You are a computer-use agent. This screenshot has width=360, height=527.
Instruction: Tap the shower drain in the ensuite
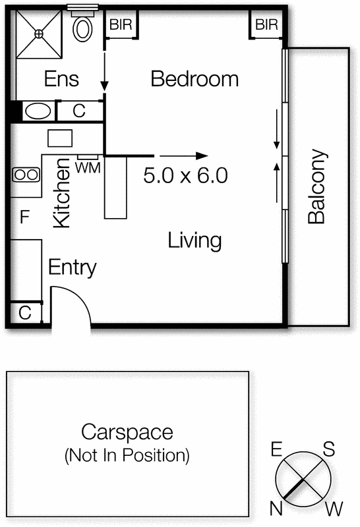(x=39, y=34)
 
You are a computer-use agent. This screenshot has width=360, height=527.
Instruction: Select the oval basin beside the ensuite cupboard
(x=38, y=111)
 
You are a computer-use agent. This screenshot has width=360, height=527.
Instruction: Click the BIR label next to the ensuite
(x=121, y=24)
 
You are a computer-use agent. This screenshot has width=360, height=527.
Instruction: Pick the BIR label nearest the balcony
(x=266, y=24)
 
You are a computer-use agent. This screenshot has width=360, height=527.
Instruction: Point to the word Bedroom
(x=195, y=79)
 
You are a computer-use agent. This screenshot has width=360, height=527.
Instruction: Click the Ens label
(x=61, y=79)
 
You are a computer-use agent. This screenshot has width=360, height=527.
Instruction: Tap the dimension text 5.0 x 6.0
(x=185, y=175)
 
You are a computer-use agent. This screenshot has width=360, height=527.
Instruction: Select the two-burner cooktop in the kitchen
(x=26, y=175)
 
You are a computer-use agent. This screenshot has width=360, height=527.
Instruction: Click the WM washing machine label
(x=88, y=168)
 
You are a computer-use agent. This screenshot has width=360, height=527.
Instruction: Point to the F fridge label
(x=24, y=217)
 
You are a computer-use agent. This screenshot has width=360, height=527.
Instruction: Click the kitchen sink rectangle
(x=60, y=138)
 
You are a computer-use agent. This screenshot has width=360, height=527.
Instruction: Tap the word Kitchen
(x=62, y=193)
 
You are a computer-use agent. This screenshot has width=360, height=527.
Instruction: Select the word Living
(x=195, y=240)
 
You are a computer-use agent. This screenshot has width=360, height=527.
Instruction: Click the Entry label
(x=73, y=267)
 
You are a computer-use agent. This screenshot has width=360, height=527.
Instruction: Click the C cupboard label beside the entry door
(x=25, y=312)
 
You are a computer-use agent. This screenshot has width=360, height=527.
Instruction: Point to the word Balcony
(x=316, y=186)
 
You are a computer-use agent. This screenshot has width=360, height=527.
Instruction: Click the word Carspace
(x=127, y=432)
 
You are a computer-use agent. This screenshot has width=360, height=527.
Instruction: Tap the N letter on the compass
(x=276, y=509)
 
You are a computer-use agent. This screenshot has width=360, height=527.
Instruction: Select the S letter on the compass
(x=329, y=449)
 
